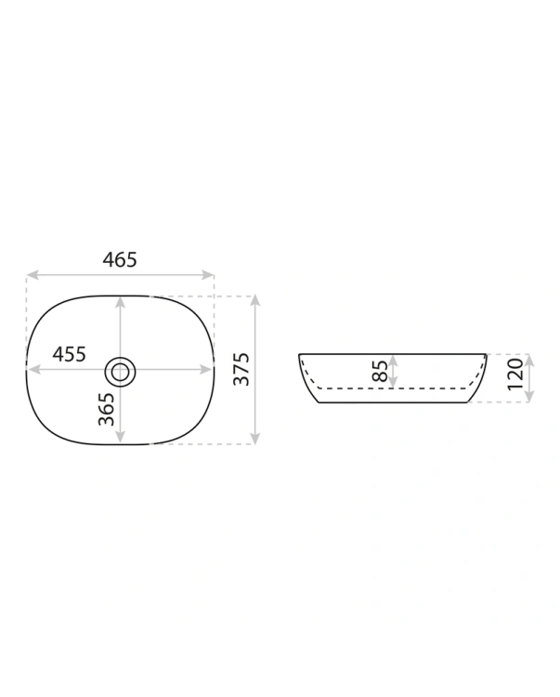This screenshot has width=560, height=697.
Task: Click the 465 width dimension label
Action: pos(120,259)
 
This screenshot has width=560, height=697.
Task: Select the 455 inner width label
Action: pos(69,354)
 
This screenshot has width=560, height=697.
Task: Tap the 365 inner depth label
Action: pos(107,409)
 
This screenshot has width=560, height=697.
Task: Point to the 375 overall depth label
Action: pos(241,369)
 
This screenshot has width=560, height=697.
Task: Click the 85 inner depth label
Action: pos(380,371)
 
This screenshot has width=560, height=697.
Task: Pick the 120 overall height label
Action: pos(515,374)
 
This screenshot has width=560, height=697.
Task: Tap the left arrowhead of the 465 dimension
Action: pos(32,275)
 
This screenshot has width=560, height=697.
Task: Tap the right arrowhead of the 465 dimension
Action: pos(208,275)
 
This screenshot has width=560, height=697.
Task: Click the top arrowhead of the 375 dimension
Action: pos(254,301)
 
